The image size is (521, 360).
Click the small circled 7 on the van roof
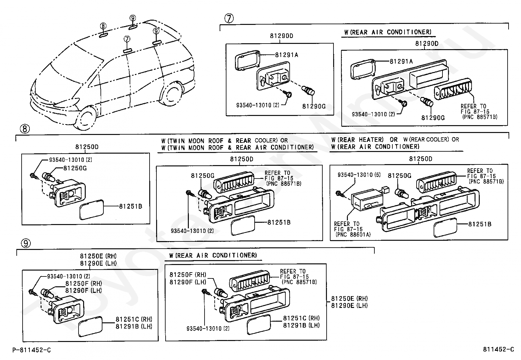[127, 39]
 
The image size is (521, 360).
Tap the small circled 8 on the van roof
[103, 26]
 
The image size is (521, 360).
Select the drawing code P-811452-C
[32, 350]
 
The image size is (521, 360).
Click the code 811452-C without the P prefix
[498, 350]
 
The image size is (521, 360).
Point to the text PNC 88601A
[352, 235]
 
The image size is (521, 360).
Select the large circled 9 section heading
[26, 243]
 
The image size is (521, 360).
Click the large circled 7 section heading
[229, 18]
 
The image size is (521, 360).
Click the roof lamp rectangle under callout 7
[128, 50]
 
